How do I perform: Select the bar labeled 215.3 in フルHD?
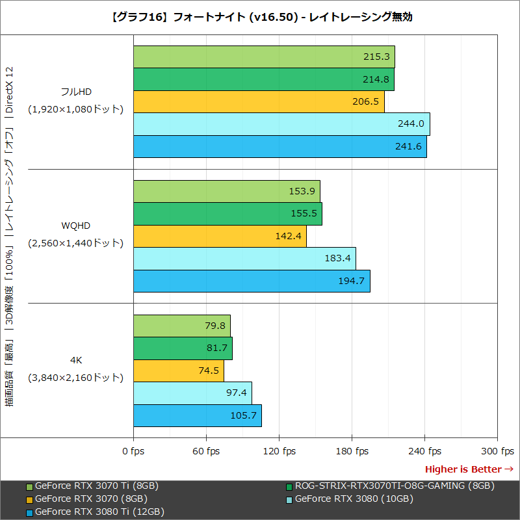tap(264, 57)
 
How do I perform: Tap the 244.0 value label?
tap(409, 124)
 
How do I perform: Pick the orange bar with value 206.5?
tap(259, 102)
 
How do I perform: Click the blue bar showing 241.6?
tap(279, 146)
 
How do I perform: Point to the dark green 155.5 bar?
tap(227, 214)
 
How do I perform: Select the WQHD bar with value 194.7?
tap(252, 281)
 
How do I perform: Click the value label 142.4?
tap(289, 236)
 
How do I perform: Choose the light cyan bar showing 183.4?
tap(244, 259)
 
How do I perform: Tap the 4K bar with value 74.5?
tap(178, 370)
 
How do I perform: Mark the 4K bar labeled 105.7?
tap(197, 415)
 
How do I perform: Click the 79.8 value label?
tap(216, 326)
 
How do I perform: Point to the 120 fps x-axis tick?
tap(279, 451)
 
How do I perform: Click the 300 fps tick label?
tap(497, 451)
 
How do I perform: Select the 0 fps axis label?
tap(134, 451)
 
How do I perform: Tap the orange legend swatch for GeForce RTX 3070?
tap(29, 499)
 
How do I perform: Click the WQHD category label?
tap(75, 226)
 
